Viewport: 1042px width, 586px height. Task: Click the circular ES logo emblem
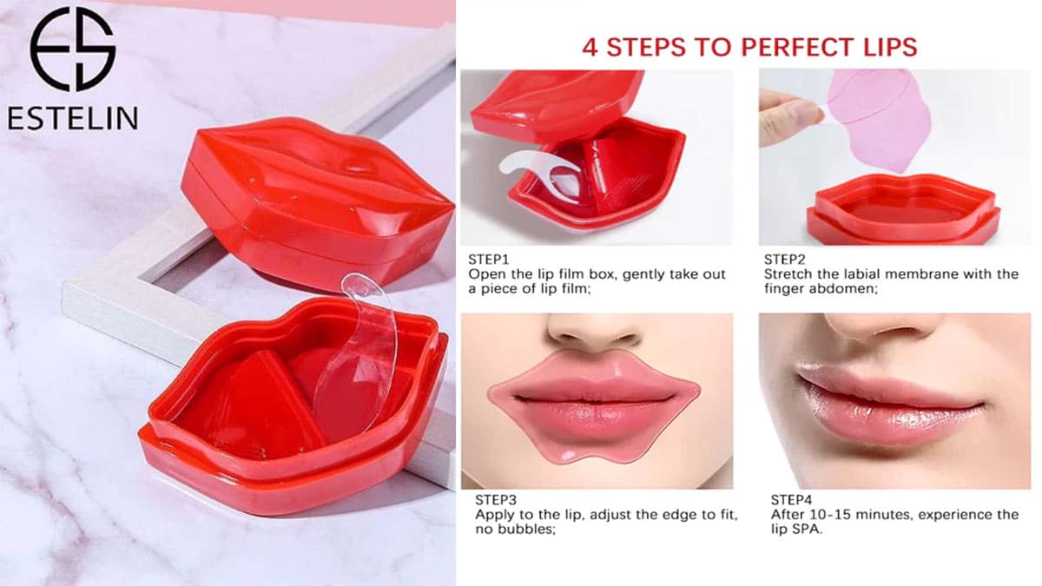coord(73,49)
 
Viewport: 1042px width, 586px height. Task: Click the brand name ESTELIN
coord(73,118)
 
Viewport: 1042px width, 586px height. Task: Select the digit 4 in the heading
coord(590,48)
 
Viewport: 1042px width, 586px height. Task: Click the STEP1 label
coord(488,259)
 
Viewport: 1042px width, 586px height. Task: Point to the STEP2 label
coord(785,259)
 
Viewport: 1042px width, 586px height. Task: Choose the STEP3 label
coord(496,500)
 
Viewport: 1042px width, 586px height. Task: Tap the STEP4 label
coord(791,500)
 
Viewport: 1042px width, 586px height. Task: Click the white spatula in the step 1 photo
coord(542,173)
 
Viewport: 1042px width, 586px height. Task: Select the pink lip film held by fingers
coord(879,121)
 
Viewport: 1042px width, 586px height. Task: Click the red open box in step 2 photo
coord(903,209)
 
